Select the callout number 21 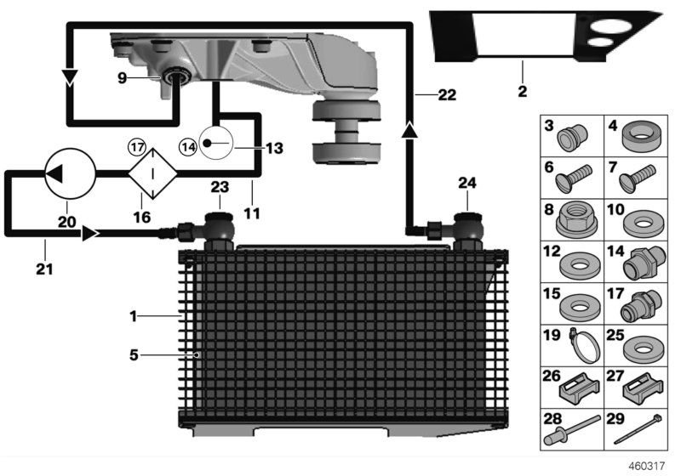(x=44, y=269)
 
